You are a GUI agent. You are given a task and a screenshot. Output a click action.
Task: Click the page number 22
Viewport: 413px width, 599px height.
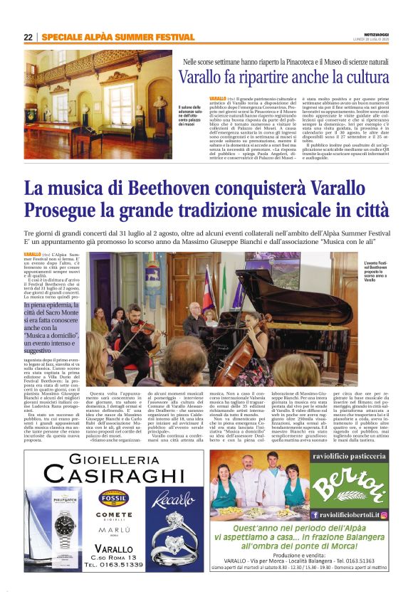28,37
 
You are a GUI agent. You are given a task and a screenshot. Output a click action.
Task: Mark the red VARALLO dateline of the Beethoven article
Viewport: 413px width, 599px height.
32,253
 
